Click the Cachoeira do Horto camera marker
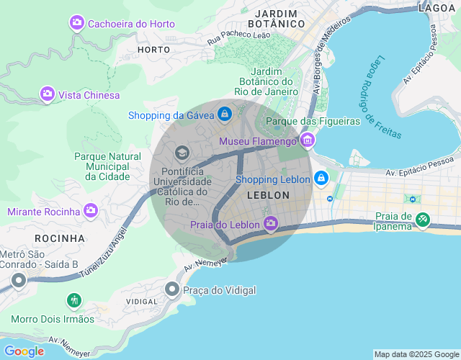(77, 24)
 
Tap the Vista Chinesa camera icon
(48, 94)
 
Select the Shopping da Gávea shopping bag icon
(225, 114)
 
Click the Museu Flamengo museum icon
(308, 140)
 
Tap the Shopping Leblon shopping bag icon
(321, 179)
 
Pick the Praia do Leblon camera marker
(270, 225)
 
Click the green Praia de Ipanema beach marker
(423, 220)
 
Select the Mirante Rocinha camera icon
(91, 211)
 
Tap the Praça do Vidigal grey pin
(172, 289)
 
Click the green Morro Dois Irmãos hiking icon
(73, 300)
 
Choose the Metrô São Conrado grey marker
(18, 281)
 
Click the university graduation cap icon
(182, 153)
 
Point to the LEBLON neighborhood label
(268, 195)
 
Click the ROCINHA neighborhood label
(59, 238)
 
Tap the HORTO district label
(153, 50)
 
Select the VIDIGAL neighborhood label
(141, 301)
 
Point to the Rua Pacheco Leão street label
(238, 35)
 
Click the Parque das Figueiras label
(313, 121)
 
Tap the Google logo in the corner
(24, 351)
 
